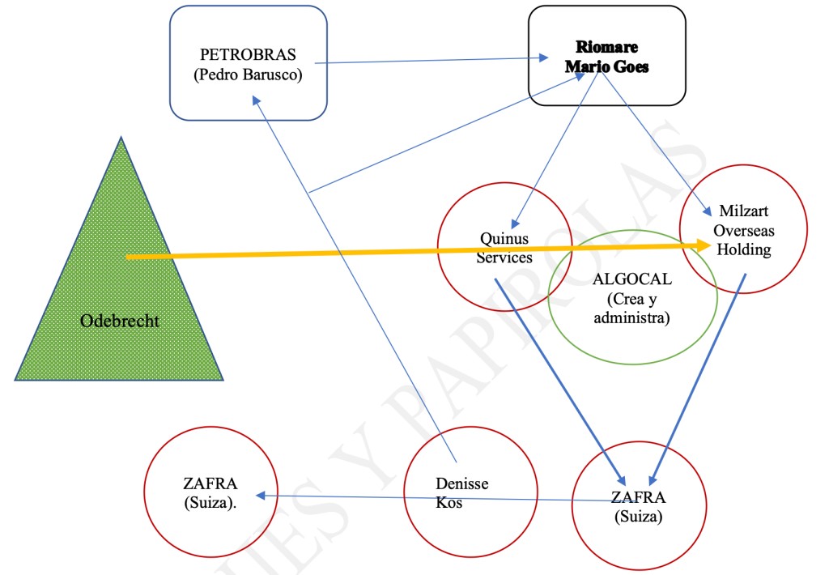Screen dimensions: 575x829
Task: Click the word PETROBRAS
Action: click(248, 55)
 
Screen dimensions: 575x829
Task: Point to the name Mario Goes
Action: click(606, 66)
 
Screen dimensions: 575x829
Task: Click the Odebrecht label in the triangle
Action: click(120, 321)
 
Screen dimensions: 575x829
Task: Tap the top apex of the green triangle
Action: click(121, 138)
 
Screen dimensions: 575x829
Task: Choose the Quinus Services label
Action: click(504, 248)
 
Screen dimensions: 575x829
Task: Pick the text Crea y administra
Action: click(631, 309)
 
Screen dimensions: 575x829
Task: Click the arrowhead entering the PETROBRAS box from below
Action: click(255, 100)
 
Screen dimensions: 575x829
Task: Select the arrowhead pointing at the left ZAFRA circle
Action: click(262, 496)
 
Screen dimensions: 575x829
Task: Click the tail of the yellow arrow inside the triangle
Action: click(128, 258)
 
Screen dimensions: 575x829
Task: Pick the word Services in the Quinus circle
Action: click(504, 258)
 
